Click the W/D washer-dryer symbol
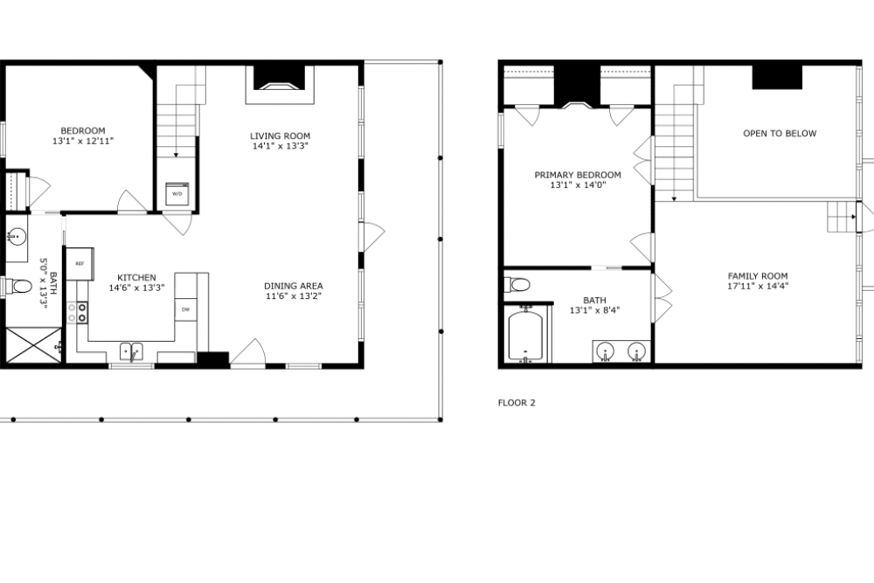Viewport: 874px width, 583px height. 177,194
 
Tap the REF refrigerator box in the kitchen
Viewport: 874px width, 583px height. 80,264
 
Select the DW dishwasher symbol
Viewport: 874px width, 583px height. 185,309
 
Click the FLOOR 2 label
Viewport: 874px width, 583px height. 517,402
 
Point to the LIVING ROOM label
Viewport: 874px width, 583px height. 280,136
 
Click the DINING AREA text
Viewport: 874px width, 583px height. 293,286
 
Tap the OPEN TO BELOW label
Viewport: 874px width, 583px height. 780,133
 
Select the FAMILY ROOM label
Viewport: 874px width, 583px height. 758,276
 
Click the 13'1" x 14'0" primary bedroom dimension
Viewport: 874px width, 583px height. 578,185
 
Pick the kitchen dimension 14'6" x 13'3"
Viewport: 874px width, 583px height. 136,288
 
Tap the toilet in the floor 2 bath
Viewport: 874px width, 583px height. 517,285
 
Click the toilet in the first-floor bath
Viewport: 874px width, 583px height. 17,287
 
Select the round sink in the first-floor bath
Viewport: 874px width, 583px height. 17,236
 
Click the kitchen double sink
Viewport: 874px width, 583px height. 131,351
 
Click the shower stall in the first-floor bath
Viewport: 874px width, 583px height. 33,345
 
